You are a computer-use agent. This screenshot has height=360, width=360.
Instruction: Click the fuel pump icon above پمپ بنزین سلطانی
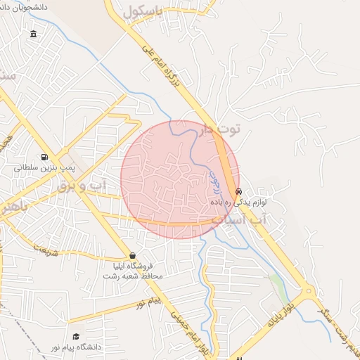point(46,157)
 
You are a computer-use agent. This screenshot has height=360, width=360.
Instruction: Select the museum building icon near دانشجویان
point(34,34)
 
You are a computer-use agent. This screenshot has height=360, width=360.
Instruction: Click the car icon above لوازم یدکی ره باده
point(239,191)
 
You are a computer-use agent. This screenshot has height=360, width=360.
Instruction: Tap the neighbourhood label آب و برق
point(101,185)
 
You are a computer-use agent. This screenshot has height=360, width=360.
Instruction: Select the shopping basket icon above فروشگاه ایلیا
point(132,255)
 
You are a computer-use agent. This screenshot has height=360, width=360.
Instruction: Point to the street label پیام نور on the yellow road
point(147,303)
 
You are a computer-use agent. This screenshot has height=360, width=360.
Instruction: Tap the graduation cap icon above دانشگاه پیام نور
point(75,337)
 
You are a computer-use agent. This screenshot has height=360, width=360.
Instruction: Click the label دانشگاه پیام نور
point(75,348)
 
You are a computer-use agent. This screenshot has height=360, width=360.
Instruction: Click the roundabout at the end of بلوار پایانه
point(309,290)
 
